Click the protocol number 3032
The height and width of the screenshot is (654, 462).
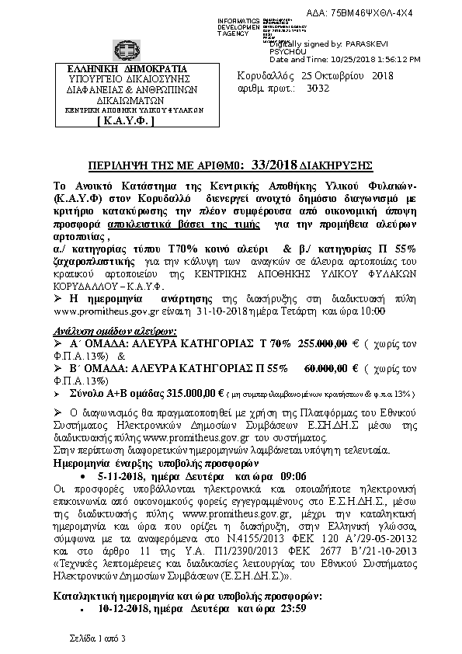click(318, 89)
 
